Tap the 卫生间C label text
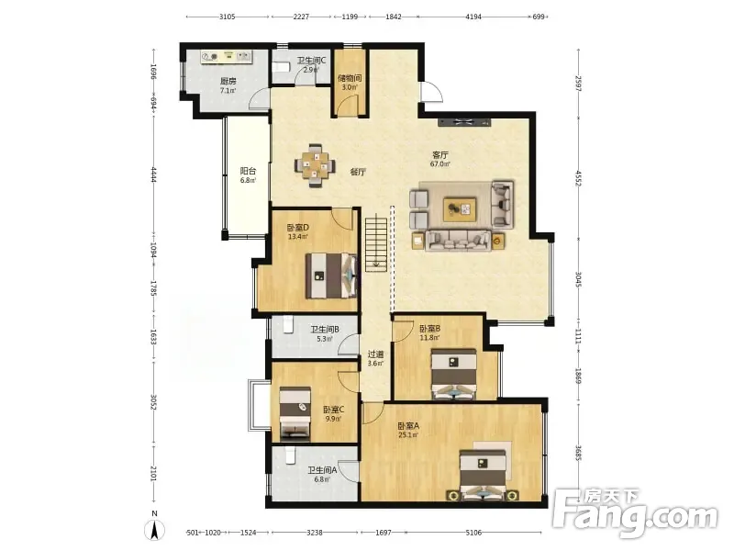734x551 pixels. pos(311,61)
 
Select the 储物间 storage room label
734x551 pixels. pos(350,78)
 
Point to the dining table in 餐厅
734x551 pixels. pos(315,166)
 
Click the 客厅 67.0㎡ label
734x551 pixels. pos(440,159)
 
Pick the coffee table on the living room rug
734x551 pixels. pos(460,209)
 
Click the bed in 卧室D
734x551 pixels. pos(331,275)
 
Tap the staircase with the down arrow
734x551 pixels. pos(376,242)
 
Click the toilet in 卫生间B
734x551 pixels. pos(288,324)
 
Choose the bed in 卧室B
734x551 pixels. pos(453,374)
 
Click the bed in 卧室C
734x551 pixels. pos(295,412)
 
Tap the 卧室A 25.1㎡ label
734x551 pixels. pos(408,430)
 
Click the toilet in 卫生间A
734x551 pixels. pos(291,455)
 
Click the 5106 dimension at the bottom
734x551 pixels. pos(473,533)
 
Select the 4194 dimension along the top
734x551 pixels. pos(473,17)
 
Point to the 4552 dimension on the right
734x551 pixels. pos(579,178)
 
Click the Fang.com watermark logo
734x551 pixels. pos(635,512)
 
